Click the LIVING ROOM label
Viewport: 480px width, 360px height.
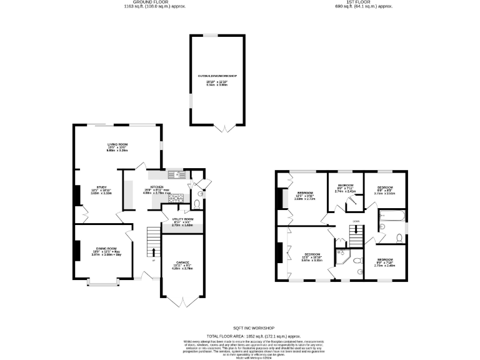[x=117, y=144]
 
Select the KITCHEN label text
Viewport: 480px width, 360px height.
[x=156, y=187]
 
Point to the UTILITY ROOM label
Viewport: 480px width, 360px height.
[x=183, y=219]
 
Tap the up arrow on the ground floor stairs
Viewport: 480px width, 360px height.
[x=153, y=252]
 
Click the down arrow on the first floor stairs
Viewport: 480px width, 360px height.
[x=356, y=229]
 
